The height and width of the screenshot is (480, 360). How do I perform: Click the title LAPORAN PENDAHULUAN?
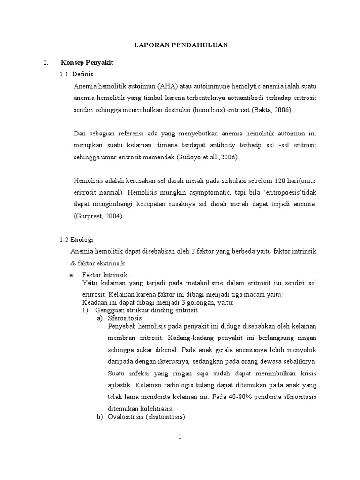pos(181,45)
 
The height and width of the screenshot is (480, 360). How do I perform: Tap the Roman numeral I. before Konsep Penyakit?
pos(45,62)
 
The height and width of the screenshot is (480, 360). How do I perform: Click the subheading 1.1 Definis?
pos(77,74)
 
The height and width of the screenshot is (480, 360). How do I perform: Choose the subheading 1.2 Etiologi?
pos(77,240)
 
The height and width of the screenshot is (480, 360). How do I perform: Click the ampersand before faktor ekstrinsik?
pos(73,263)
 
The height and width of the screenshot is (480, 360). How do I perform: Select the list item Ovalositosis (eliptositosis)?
pos(147,417)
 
